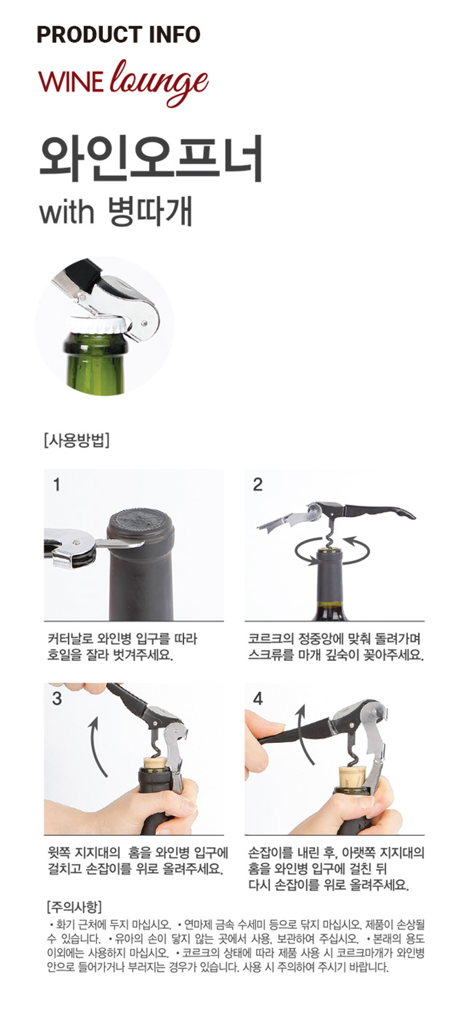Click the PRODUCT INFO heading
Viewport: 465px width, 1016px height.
118,34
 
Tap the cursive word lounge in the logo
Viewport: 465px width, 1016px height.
159,82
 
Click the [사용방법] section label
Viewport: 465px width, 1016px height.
76,440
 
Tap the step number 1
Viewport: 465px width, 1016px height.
56,484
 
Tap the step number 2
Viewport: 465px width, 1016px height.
258,484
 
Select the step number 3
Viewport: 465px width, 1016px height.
57,699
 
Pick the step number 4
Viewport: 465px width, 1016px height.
258,699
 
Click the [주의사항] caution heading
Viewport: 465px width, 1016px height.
74,907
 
